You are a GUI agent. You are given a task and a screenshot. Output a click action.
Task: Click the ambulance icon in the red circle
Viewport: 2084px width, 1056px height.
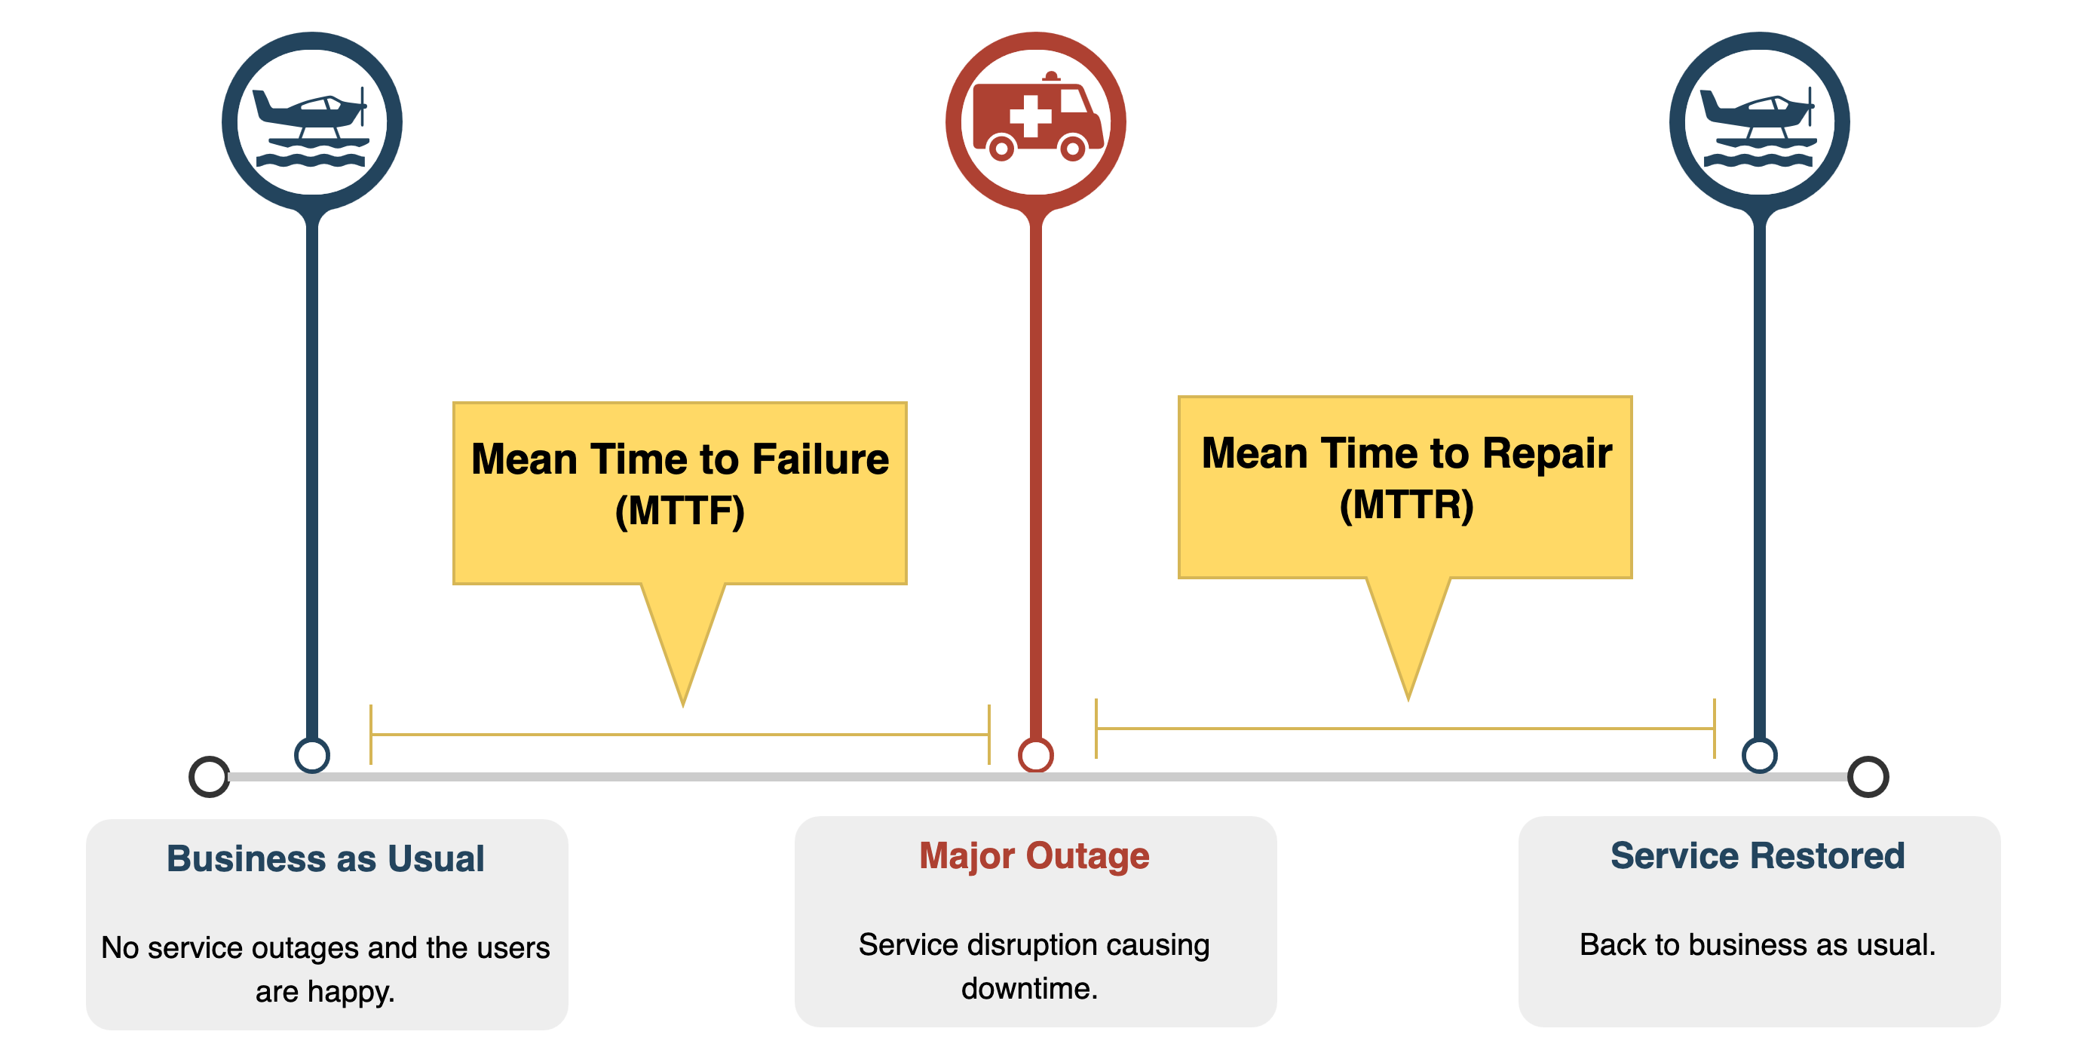click(x=1037, y=118)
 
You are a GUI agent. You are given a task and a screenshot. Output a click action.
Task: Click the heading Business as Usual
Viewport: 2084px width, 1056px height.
click(x=325, y=858)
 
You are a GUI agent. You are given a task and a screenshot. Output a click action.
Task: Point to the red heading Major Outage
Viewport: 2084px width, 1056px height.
click(x=1034, y=856)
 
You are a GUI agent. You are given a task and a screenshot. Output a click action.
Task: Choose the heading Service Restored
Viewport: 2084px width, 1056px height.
click(x=1758, y=856)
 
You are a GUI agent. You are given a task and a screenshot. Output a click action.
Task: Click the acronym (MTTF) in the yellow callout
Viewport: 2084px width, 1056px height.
click(x=679, y=511)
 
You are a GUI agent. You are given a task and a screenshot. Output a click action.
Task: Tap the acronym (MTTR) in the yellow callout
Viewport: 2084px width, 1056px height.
click(x=1406, y=505)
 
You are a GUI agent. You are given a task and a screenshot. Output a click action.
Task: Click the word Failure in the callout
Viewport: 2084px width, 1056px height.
click(x=820, y=459)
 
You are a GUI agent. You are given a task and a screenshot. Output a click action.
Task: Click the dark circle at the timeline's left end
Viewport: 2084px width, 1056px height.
click(x=210, y=777)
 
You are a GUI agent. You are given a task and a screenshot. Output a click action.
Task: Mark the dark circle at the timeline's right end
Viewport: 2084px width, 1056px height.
click(x=1868, y=777)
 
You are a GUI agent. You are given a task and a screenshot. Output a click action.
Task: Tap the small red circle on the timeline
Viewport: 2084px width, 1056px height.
click(x=1035, y=756)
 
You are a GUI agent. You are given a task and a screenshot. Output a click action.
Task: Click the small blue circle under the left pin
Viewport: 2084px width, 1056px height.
click(x=311, y=756)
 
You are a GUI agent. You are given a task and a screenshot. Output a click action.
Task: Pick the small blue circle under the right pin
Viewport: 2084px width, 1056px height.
click(x=1759, y=756)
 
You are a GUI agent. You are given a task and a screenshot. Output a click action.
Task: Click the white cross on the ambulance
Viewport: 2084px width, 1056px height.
click(x=1030, y=116)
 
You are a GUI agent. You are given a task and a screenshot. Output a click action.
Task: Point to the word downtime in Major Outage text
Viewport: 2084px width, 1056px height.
click(x=1029, y=989)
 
